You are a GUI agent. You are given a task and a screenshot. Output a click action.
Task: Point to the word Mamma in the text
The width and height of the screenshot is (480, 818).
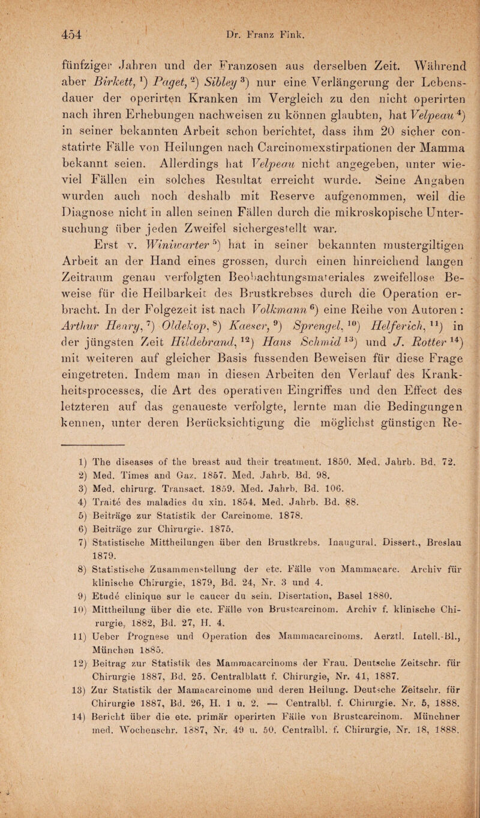click(x=424, y=145)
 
